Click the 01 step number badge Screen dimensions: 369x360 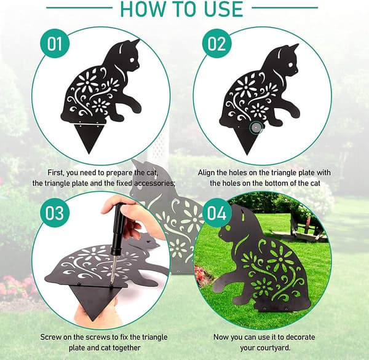[55, 44]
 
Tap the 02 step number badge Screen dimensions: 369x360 [216, 44]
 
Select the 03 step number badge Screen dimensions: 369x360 [55, 213]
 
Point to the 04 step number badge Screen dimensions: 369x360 [216, 213]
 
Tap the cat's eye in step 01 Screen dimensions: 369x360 [132, 60]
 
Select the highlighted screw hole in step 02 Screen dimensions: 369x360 [255, 128]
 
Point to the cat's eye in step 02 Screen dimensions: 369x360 [291, 64]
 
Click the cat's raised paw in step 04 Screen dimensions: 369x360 [221, 284]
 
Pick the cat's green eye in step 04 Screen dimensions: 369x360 [228, 228]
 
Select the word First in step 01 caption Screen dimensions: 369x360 [55, 173]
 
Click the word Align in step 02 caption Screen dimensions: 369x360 [206, 173]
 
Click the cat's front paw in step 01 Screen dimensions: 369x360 [136, 109]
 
